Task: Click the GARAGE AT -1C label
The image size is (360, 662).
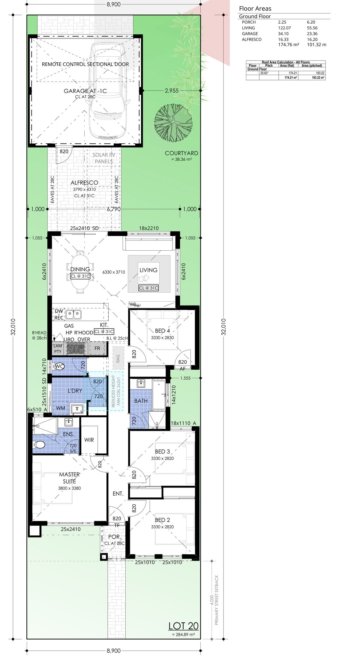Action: point(85,91)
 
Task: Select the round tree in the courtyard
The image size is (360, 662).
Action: point(173,123)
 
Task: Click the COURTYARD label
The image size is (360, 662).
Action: point(181,153)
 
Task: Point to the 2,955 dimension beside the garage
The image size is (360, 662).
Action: point(172,91)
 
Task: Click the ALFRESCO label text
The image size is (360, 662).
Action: point(84,183)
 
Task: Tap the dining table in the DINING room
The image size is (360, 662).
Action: point(80,272)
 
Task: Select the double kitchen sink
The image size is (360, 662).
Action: point(73,315)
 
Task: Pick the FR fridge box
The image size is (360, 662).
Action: point(97,348)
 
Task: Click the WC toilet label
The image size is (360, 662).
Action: point(60,366)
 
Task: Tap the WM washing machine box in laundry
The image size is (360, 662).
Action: point(61,408)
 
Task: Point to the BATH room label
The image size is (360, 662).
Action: point(141,401)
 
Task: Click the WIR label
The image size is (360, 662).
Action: point(89,440)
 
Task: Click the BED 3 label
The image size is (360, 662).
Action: point(162,452)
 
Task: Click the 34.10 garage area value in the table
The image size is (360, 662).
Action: point(283,34)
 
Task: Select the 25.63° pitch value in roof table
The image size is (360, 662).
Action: point(264,73)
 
